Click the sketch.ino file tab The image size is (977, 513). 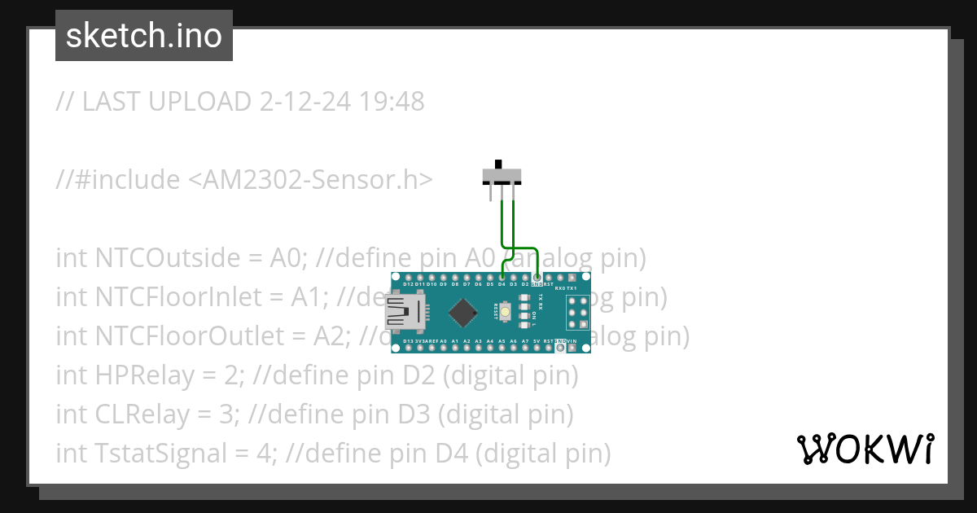click(x=143, y=36)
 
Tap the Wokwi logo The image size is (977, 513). click(x=865, y=449)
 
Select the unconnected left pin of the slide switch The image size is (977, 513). click(x=490, y=194)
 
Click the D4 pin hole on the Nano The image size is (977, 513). click(x=502, y=278)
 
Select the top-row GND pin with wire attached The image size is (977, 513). click(x=537, y=278)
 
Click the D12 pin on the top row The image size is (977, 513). click(x=408, y=278)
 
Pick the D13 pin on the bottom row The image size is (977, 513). click(x=408, y=348)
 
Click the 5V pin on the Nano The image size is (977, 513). click(x=537, y=348)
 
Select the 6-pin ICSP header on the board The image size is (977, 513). click(x=577, y=312)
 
